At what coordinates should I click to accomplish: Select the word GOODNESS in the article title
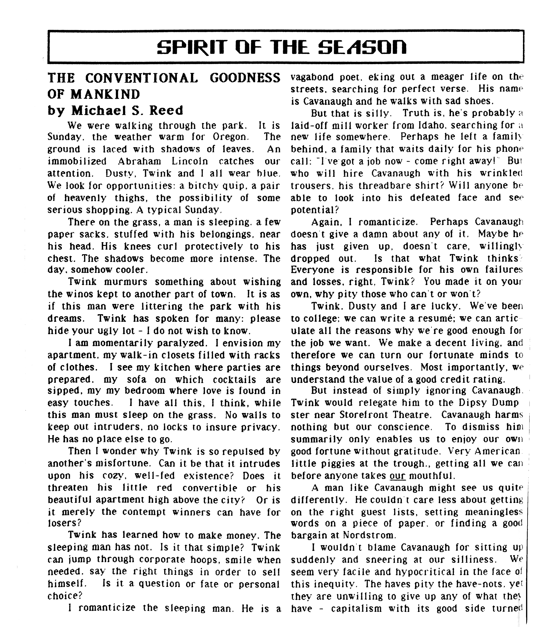tap(245, 78)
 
